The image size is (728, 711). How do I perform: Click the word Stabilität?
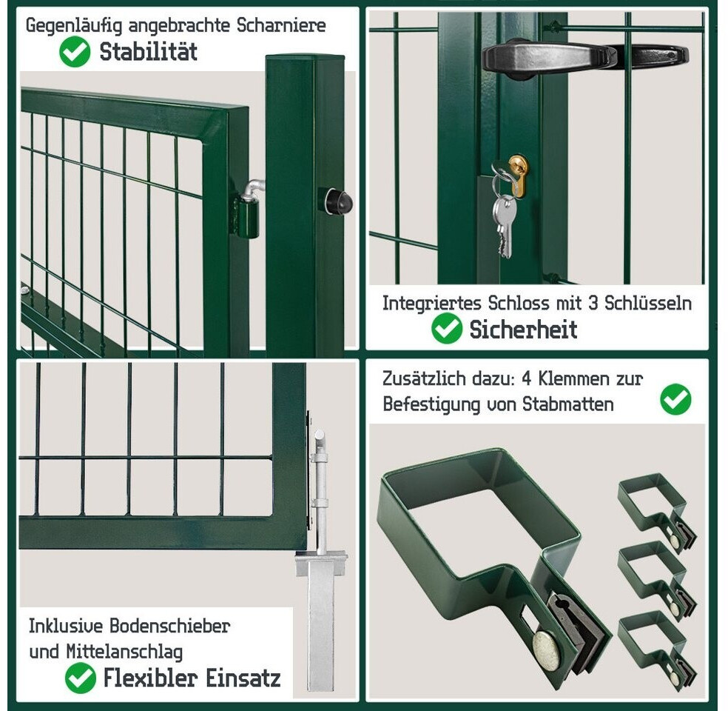click(149, 52)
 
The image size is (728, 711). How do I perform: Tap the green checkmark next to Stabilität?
click(75, 52)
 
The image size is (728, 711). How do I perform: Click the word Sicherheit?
click(523, 330)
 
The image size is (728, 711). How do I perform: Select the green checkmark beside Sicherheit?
click(447, 328)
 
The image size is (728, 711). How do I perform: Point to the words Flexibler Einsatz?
click(192, 678)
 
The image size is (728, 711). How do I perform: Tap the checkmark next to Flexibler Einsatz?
click(81, 678)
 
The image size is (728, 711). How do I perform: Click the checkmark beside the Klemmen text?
click(675, 399)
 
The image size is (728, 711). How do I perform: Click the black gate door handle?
click(585, 56)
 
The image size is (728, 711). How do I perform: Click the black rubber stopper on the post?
click(335, 201)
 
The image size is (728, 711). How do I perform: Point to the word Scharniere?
click(281, 26)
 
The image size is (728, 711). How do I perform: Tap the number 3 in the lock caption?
click(593, 303)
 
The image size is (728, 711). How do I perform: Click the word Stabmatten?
click(568, 404)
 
